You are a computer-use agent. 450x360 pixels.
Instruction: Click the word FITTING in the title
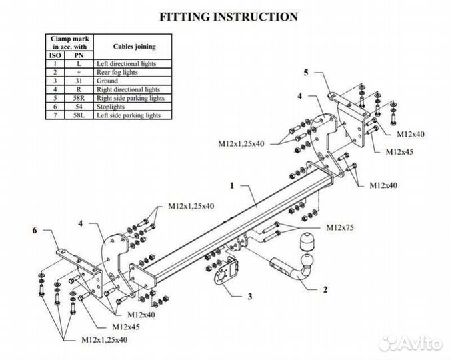click(185, 17)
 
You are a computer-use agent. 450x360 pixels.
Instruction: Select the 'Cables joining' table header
click(134, 47)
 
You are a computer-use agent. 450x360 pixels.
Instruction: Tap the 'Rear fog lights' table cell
click(117, 73)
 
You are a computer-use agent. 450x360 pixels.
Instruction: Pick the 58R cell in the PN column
click(79, 98)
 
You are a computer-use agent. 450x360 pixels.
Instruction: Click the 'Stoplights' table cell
click(111, 107)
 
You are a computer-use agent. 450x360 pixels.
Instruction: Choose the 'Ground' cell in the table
click(107, 81)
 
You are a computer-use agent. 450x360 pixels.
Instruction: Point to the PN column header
click(79, 55)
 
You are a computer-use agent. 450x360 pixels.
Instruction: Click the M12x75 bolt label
click(340, 227)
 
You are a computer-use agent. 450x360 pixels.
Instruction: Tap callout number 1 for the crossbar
click(232, 186)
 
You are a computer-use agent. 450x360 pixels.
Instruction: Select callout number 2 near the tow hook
click(325, 289)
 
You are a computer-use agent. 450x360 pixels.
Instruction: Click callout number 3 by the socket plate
click(250, 296)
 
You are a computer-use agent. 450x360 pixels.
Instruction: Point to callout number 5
click(306, 73)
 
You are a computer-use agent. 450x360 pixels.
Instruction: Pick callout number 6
click(35, 230)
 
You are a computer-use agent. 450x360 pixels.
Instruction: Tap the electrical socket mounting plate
click(227, 271)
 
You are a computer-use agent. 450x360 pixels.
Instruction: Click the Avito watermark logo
click(410, 343)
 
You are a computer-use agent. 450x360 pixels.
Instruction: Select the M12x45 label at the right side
click(399, 152)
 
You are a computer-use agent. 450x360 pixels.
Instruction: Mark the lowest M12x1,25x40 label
click(105, 340)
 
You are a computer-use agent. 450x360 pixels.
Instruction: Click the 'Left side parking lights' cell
click(129, 115)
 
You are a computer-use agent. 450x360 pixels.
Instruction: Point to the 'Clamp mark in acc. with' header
click(69, 43)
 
